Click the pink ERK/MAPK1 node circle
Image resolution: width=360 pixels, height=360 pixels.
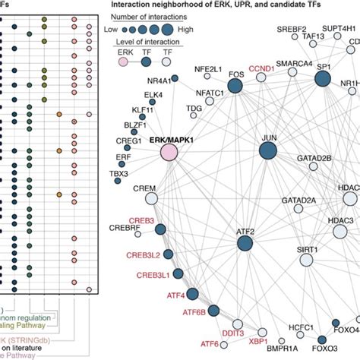(168, 153)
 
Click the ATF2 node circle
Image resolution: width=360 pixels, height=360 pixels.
(245, 243)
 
